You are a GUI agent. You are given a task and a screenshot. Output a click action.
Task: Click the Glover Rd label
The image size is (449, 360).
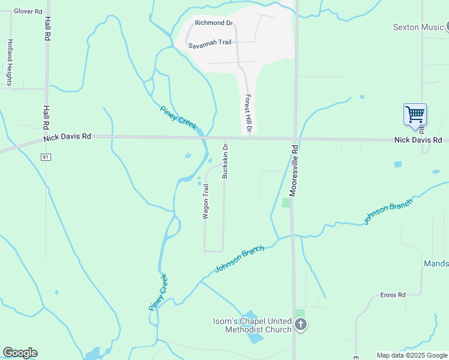28,11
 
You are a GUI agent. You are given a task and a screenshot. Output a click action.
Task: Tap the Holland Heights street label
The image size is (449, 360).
10,63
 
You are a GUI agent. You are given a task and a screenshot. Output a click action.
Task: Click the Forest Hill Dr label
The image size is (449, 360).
247,114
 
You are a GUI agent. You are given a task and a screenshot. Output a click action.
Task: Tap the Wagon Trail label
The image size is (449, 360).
205,202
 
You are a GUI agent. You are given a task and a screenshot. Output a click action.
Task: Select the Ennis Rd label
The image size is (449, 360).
393,295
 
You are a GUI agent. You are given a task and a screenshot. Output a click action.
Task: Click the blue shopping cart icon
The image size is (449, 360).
415,113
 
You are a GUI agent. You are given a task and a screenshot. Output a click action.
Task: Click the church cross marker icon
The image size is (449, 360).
301,325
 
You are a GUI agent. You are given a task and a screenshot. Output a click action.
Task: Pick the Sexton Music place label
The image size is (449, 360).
418,27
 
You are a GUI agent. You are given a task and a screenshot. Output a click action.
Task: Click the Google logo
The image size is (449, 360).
20,353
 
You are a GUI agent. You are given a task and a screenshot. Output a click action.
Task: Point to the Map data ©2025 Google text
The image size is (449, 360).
411,355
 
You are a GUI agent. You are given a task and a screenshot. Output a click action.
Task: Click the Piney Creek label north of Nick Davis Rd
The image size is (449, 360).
178,116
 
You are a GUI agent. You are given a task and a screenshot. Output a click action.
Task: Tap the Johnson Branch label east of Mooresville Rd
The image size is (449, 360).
387,212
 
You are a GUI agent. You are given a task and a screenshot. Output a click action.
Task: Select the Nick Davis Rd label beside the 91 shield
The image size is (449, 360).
67,137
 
